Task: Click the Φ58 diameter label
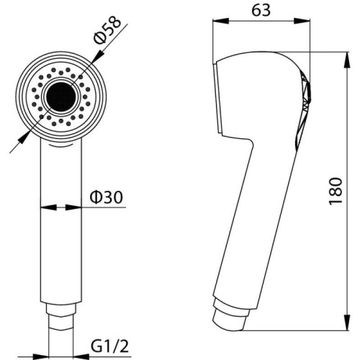click(x=107, y=30)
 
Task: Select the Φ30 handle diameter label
click(x=106, y=197)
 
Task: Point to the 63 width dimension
click(x=261, y=10)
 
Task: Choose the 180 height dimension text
click(x=336, y=191)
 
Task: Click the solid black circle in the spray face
click(x=61, y=96)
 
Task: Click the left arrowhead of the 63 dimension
click(x=221, y=21)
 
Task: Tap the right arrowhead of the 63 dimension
click(x=302, y=21)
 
